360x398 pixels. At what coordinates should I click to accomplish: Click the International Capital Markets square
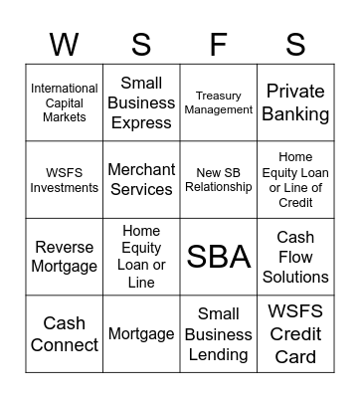tap(65, 103)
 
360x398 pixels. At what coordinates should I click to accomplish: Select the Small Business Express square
tap(141, 103)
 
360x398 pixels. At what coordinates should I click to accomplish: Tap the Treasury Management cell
tap(218, 103)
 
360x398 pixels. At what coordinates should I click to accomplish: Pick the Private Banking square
tap(295, 103)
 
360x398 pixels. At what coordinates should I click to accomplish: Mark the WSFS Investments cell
tap(65, 180)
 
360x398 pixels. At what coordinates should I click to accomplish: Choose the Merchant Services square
tap(141, 180)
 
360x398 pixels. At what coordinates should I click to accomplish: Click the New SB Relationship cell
tap(218, 180)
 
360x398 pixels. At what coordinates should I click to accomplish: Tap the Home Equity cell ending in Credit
tap(295, 180)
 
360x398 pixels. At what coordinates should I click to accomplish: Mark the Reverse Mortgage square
tap(65, 257)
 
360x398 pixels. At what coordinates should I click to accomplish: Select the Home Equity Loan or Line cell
tap(141, 257)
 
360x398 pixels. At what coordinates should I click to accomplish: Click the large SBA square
tap(218, 257)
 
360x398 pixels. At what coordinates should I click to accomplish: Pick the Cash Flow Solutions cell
tap(295, 257)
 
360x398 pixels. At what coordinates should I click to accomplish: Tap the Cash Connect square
tap(65, 334)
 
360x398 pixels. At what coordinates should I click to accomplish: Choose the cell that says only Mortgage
tap(141, 334)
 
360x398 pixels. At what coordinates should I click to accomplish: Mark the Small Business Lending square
tap(218, 334)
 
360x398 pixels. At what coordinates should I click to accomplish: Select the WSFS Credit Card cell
tap(295, 334)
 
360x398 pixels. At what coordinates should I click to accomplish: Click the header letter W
tap(65, 44)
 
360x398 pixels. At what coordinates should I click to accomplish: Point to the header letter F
tap(218, 44)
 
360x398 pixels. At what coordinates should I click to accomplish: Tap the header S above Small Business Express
tap(141, 44)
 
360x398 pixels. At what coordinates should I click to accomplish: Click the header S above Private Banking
tap(295, 44)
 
